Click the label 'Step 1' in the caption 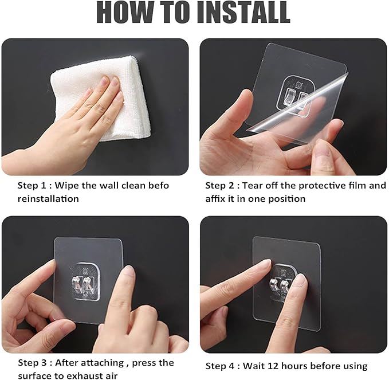click(32, 185)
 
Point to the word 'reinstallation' click(48, 198)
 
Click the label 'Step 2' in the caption click(220, 185)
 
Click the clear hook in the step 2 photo click(296, 97)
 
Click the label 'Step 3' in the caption click(32, 363)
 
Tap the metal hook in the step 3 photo click(82, 283)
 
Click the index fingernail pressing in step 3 click(129, 273)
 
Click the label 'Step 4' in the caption click(220, 366)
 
